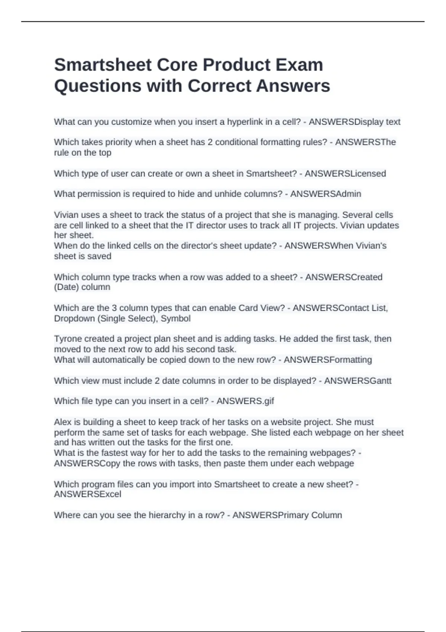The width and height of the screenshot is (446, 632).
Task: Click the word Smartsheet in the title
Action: [103, 65]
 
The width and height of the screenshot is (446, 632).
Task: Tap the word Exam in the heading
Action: [299, 65]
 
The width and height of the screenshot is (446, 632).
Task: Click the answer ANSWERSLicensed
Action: [345, 174]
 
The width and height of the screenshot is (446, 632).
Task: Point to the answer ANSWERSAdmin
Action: [326, 194]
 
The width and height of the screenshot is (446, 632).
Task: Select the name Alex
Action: [62, 422]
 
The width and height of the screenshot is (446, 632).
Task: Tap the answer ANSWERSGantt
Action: [358, 381]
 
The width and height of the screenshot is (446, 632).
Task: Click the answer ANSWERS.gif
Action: [245, 402]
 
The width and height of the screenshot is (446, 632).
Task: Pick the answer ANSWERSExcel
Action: [88, 494]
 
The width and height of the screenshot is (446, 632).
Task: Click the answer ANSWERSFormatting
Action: [328, 360]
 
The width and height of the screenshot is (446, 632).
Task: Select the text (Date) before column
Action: [67, 287]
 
